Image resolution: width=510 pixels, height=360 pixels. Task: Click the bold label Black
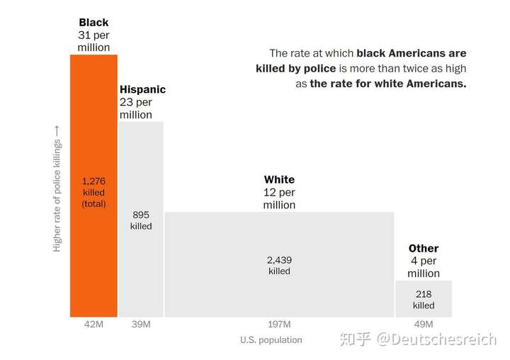tap(93, 23)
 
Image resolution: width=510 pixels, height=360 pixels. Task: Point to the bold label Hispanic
tap(142, 89)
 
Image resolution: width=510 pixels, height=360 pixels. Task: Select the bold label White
tap(279, 179)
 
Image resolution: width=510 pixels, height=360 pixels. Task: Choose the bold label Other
tap(424, 248)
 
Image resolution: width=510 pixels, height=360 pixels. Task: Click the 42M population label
tap(93, 324)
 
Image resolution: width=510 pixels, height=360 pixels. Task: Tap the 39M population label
tap(141, 324)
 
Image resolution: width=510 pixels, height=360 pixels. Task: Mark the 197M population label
tap(279, 324)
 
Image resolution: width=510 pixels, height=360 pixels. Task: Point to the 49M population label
tap(424, 324)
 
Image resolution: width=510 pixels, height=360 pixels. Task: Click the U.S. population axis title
tap(271, 339)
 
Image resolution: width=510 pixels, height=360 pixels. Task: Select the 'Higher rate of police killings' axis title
tap(57, 188)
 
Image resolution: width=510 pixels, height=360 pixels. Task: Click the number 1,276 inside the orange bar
tap(93, 181)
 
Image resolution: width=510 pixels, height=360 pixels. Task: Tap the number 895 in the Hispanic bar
tap(141, 215)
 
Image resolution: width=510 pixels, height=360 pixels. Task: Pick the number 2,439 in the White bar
tap(279, 260)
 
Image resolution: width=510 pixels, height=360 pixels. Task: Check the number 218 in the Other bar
tap(424, 294)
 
